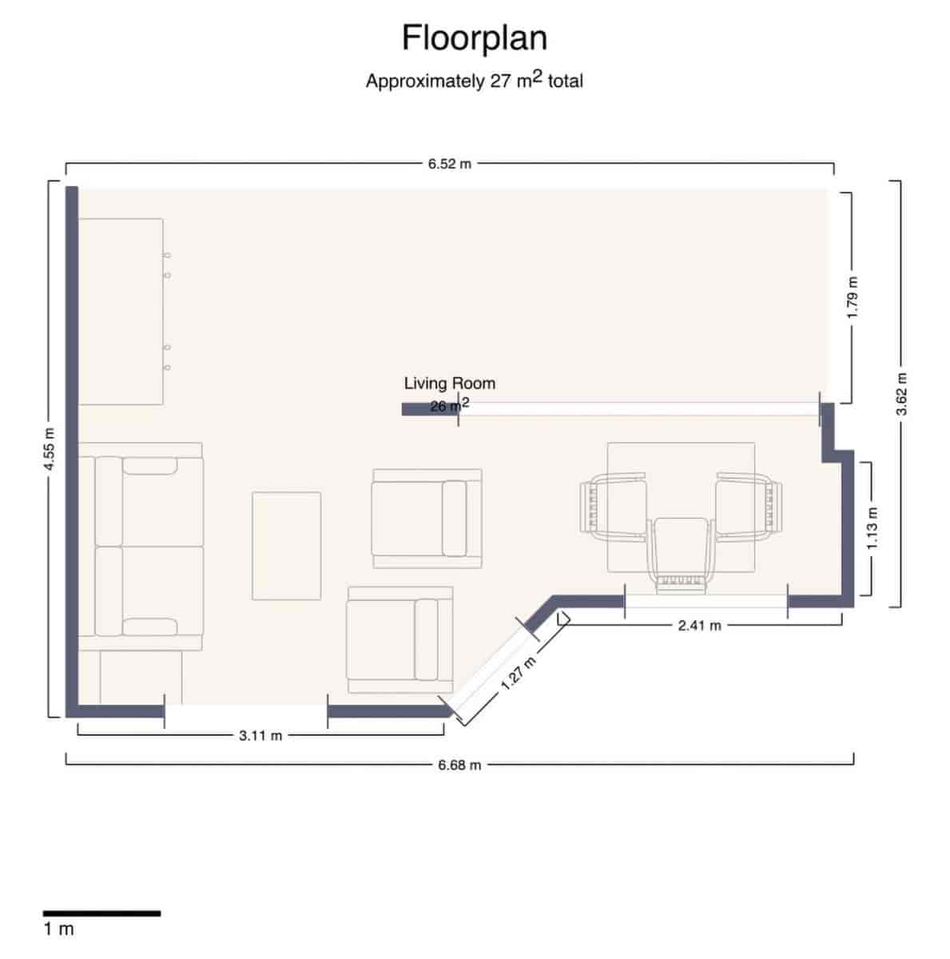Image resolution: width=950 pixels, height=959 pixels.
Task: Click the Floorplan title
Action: pos(474,38)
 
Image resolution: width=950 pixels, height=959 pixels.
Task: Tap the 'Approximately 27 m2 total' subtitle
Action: pos(474,80)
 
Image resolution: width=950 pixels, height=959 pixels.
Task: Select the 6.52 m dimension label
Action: pos(449,164)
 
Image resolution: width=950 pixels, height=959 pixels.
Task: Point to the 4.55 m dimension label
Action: pos(50,449)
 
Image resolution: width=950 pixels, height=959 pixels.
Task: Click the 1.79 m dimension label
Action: pos(853,297)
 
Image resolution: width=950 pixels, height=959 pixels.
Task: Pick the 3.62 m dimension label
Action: pos(901,393)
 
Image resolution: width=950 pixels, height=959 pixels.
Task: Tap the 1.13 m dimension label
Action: pos(872,528)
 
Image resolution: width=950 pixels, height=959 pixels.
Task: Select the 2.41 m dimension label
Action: pos(699,626)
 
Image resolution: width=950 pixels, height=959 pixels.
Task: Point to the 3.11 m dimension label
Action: pos(260,735)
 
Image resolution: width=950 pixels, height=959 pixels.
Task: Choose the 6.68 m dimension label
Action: pos(459,765)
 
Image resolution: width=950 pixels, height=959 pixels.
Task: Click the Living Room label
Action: pos(449,384)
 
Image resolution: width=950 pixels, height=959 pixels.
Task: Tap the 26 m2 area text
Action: pos(449,405)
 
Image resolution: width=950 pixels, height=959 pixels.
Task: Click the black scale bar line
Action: pos(101,913)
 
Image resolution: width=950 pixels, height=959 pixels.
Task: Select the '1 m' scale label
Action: pos(58,929)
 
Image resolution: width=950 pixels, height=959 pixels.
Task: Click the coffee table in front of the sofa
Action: pos(286,546)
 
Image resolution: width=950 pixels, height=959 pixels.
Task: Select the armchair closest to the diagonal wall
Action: pos(399,639)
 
